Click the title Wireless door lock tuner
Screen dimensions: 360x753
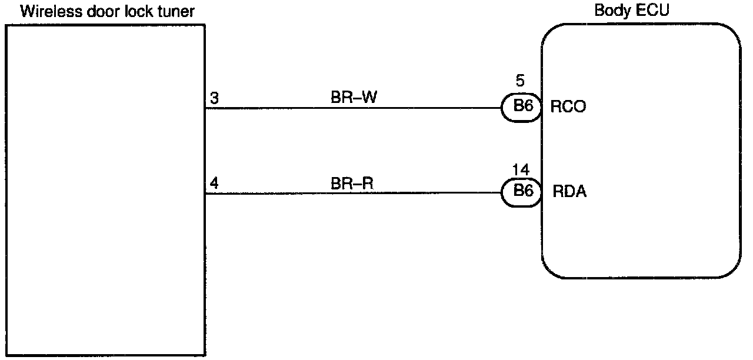pyautogui.click(x=107, y=11)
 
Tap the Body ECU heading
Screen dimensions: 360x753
pyautogui.click(x=632, y=11)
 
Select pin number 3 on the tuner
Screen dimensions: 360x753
pyautogui.click(x=215, y=98)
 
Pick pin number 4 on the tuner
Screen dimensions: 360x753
pyautogui.click(x=215, y=184)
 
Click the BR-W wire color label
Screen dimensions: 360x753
pyautogui.click(x=353, y=98)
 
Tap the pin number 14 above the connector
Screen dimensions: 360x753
pyautogui.click(x=520, y=171)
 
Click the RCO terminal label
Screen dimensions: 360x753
pyautogui.click(x=568, y=108)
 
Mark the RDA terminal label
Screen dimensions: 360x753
pyautogui.click(x=569, y=192)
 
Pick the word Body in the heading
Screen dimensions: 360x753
pyautogui.click(x=612, y=11)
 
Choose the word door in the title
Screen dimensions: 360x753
pyautogui.click(x=96, y=11)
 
